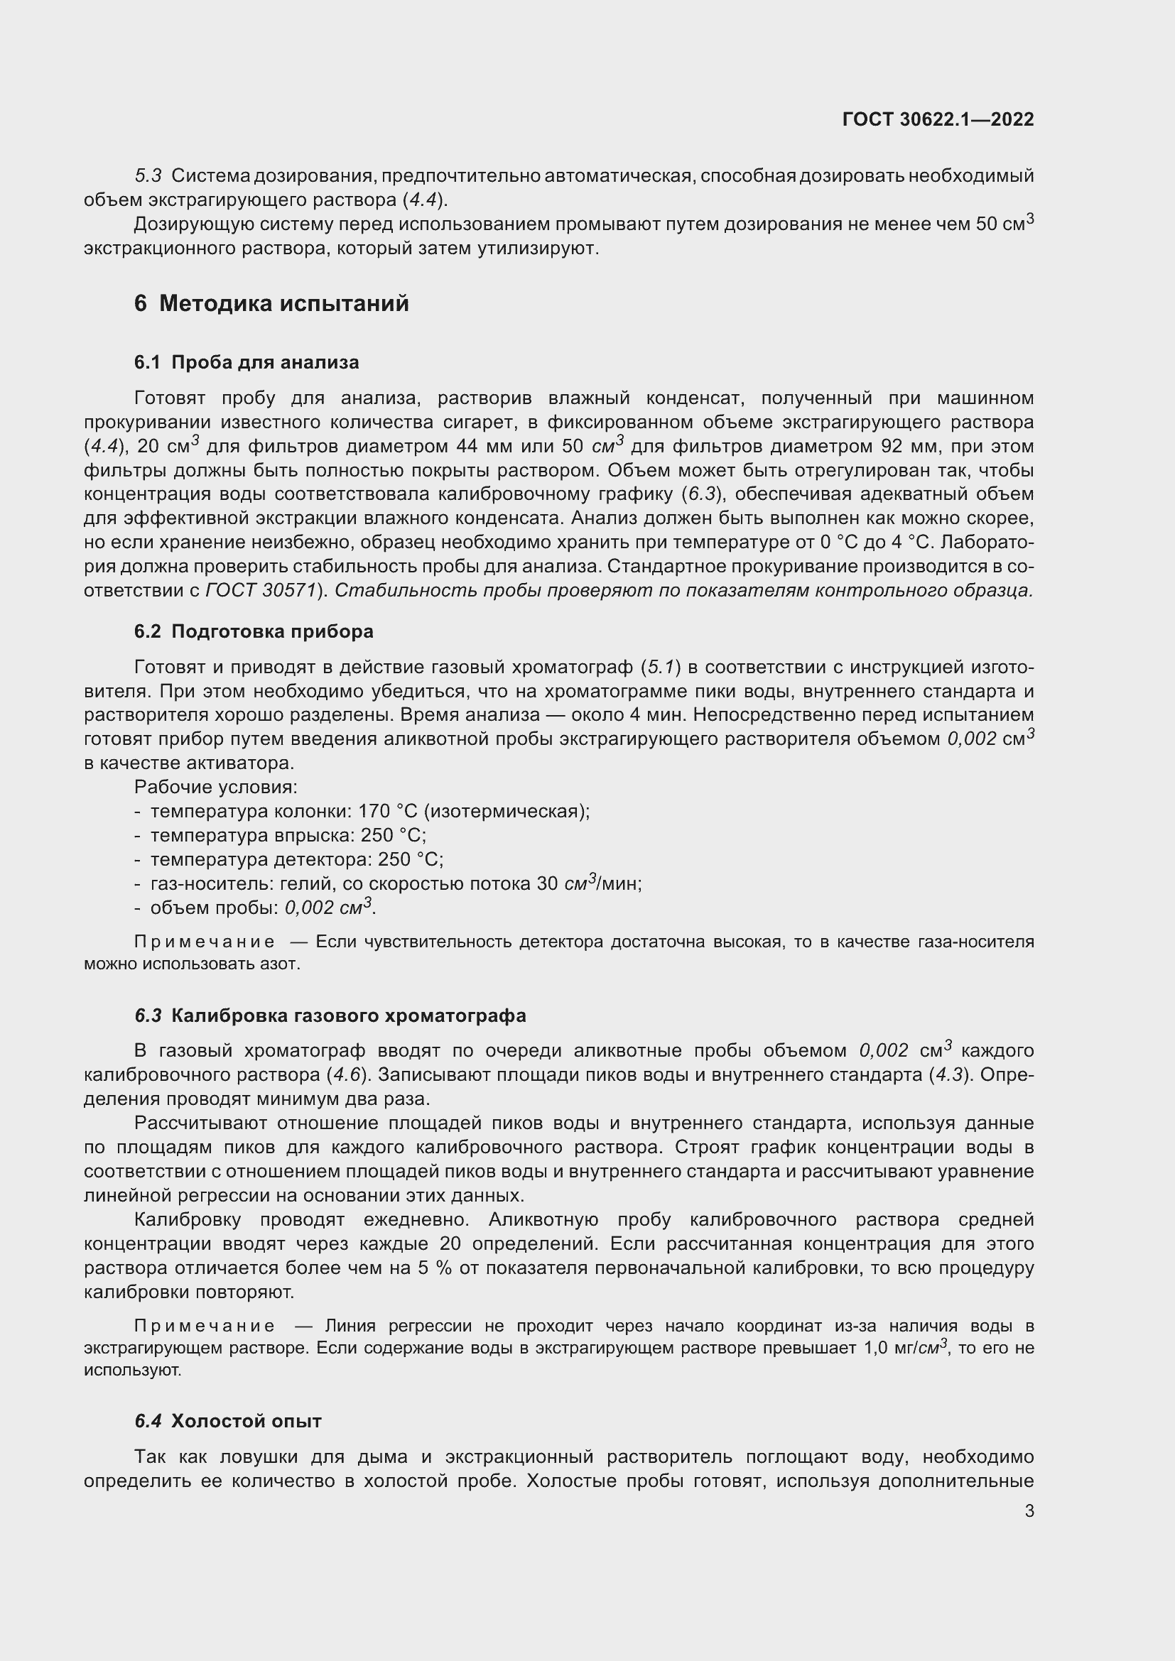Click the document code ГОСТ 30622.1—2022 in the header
click(938, 119)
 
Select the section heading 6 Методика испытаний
click(271, 303)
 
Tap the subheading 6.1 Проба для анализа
click(246, 362)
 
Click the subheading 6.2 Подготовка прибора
click(253, 631)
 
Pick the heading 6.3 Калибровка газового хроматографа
click(330, 1015)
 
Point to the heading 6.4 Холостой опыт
click(228, 1422)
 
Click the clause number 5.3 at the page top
click(148, 176)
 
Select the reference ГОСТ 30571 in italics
click(261, 590)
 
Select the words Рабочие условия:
click(216, 787)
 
